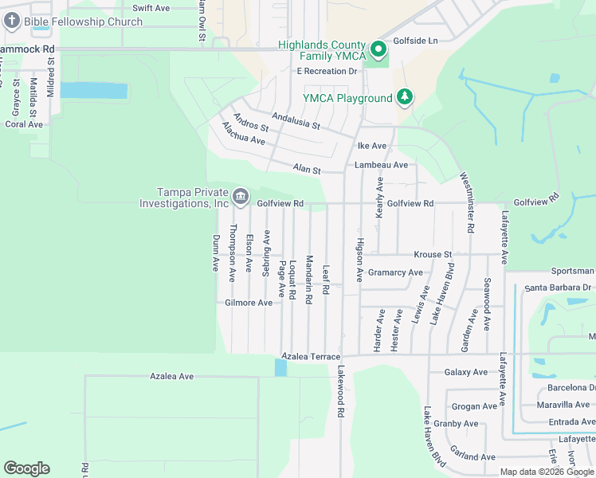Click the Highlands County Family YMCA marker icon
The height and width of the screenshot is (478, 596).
point(379,51)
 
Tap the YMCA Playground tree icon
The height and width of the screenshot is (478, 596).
point(406,97)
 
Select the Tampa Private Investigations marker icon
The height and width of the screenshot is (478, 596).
point(241,196)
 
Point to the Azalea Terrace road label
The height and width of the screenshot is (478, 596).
point(311,356)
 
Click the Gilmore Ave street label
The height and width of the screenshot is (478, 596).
point(249,303)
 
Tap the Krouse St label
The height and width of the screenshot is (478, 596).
point(433,255)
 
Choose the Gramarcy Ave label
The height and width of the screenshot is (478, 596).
point(395,272)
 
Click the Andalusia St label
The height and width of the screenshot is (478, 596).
point(295,120)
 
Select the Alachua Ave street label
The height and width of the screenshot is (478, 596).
point(243,133)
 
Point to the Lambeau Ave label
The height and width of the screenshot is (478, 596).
point(381,165)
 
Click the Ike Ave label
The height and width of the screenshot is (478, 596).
point(371,146)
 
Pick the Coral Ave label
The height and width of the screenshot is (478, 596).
point(24,124)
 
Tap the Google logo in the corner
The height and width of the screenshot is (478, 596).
point(26,468)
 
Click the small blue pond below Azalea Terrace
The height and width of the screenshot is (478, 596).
point(280,367)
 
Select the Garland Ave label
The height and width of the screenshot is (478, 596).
point(473,457)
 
